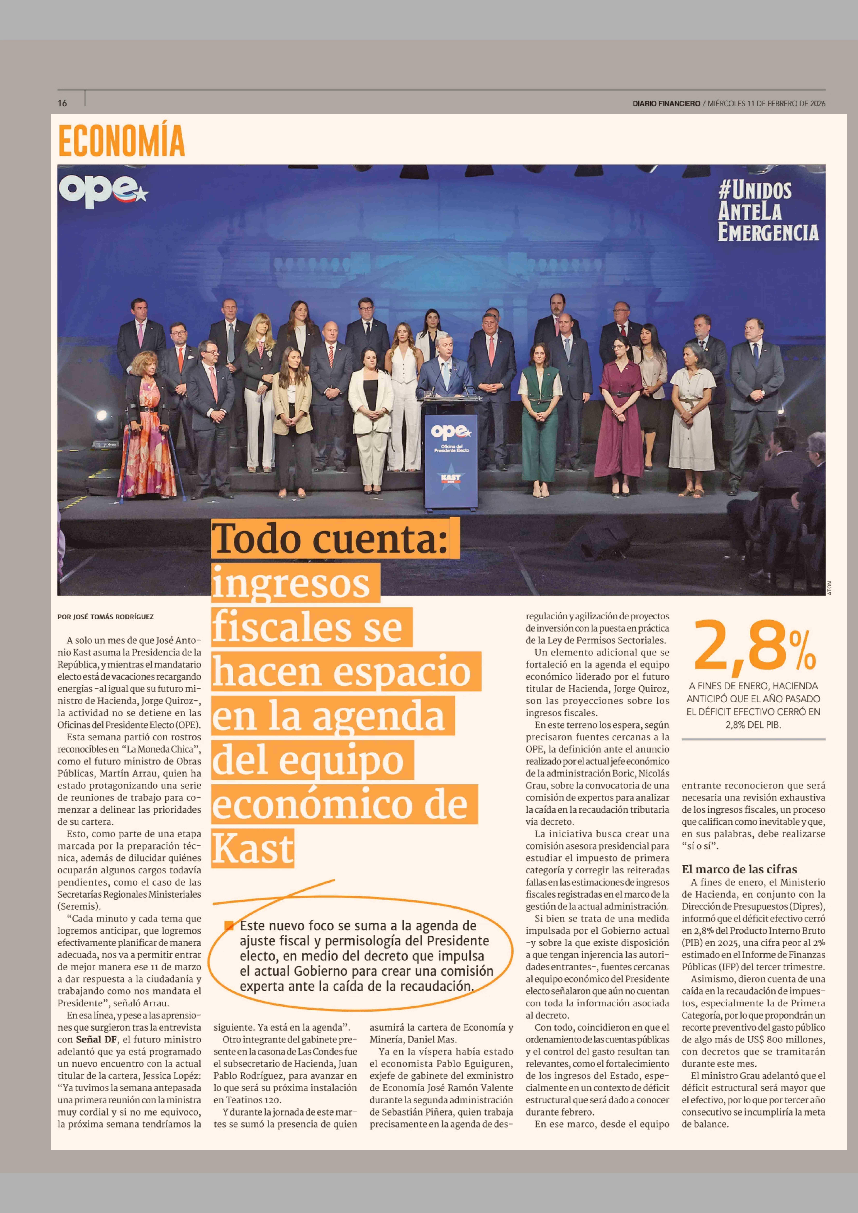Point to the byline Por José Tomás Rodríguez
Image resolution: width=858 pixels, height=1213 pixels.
106,617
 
